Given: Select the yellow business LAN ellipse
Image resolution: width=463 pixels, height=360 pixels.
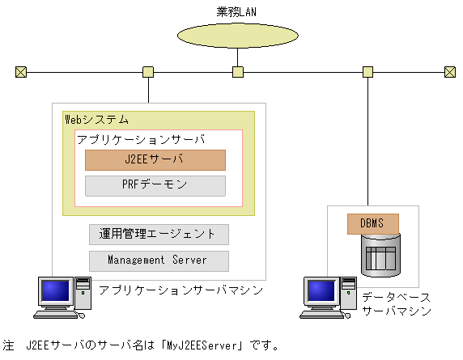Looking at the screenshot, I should tap(237, 35).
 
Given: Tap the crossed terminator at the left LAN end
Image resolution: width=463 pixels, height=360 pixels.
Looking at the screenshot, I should tap(20, 72).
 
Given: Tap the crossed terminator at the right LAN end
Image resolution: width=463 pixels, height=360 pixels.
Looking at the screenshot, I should tap(450, 72).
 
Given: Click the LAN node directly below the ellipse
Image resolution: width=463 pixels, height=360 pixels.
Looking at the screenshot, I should tap(237, 72).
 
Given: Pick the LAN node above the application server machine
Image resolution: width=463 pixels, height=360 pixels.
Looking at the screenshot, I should tap(148, 72).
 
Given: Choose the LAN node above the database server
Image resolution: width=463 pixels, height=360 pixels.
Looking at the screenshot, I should tap(368, 72).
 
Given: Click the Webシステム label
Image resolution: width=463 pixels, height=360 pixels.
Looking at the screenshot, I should tap(96, 120).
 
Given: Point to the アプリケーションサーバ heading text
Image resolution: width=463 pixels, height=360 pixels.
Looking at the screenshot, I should tap(141, 139).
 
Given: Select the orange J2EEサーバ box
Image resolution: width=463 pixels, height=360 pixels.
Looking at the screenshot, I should tap(155, 159).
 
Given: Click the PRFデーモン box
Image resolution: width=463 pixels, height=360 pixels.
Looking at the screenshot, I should tap(155, 185).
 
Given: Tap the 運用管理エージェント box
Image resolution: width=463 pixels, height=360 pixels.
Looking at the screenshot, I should tap(159, 235).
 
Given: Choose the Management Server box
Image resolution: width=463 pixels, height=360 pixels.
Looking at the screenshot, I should tap(159, 260).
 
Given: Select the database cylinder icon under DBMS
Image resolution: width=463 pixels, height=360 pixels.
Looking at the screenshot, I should tap(380, 255).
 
